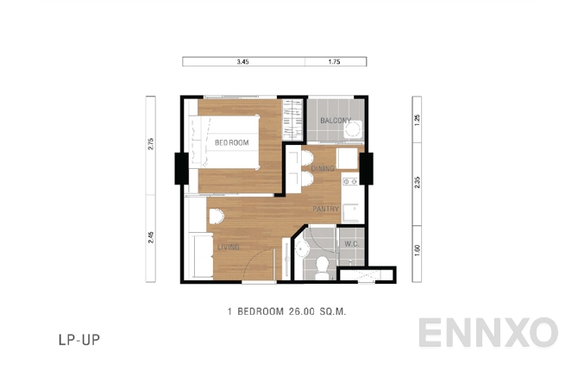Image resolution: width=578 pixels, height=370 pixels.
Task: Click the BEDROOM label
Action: coord(232,142)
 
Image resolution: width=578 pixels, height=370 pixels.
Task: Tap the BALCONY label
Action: coord(335,120)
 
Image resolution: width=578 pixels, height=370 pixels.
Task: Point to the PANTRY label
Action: coord(325,209)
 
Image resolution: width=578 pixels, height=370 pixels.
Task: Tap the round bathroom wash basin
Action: coord(301,249)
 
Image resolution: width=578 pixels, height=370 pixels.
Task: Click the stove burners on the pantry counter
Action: coord(350,181)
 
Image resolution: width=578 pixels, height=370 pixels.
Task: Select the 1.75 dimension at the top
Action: coord(334,62)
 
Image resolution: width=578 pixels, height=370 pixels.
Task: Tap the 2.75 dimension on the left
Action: coord(150,145)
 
